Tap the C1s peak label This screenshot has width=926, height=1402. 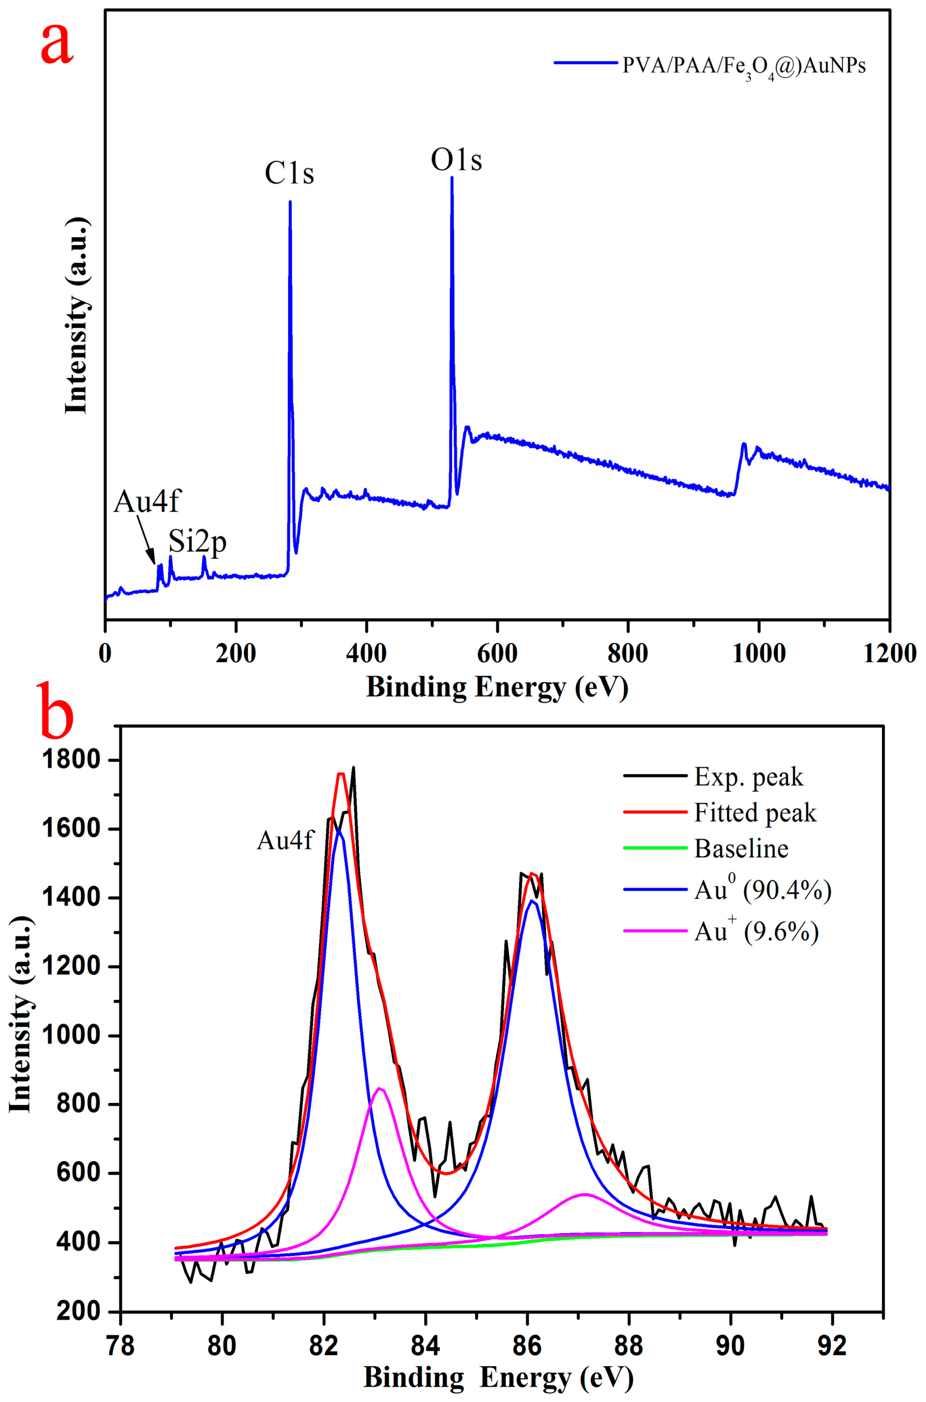pyautogui.click(x=289, y=174)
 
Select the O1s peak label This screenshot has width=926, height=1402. pyautogui.click(x=456, y=160)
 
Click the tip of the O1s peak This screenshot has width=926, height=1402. pyautogui.click(x=452, y=177)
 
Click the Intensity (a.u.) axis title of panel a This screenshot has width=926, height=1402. pyautogui.click(x=78, y=316)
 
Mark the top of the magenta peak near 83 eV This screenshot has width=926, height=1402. pyautogui.click(x=380, y=1088)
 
